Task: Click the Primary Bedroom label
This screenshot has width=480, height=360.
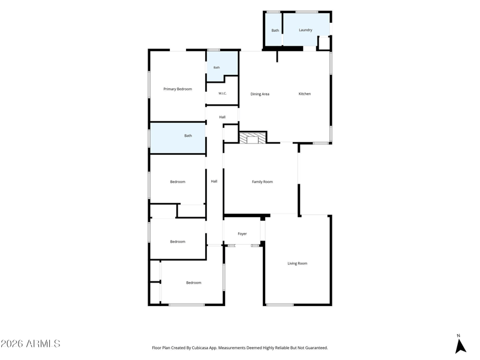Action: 178,89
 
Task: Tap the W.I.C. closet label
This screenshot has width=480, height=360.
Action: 223,94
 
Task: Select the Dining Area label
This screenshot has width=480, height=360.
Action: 260,94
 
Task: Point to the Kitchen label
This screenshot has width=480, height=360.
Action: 305,94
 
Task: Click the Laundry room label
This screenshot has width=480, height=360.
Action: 305,30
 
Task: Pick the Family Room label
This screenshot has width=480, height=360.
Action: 262,182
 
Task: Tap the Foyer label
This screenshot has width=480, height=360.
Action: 242,234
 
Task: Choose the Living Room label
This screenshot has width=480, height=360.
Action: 297,263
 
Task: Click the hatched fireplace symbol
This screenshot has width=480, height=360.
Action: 253,138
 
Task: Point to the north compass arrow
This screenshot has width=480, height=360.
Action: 460,347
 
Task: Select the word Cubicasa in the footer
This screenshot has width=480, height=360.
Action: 200,348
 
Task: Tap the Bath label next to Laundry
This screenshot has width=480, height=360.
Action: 275,31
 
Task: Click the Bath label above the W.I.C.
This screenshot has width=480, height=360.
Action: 217,67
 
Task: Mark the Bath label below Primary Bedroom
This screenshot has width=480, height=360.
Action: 188,136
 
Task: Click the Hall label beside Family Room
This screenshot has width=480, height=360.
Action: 214,181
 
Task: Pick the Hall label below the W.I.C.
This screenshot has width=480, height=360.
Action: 222,117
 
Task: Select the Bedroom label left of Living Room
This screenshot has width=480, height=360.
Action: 194,283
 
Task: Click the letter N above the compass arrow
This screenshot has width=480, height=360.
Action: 458,335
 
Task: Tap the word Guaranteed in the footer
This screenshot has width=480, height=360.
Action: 318,348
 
